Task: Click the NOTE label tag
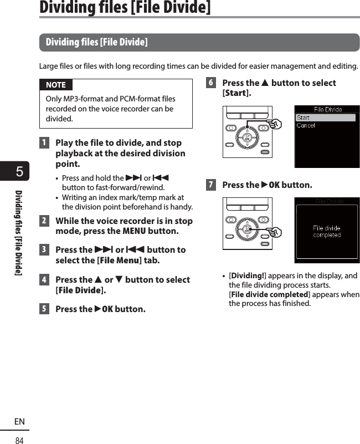click(x=55, y=85)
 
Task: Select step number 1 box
click(x=44, y=142)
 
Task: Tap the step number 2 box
click(x=44, y=221)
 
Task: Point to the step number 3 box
click(x=44, y=250)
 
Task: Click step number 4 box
click(x=44, y=280)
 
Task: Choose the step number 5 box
click(x=44, y=309)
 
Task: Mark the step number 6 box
click(x=210, y=83)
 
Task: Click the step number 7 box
click(x=210, y=185)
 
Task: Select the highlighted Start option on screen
click(x=325, y=118)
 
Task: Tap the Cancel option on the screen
click(x=306, y=126)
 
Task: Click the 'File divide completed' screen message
click(x=327, y=231)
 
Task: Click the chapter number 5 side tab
click(x=19, y=172)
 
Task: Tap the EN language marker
click(x=19, y=422)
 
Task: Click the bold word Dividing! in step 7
click(x=248, y=276)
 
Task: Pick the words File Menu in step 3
click(x=120, y=261)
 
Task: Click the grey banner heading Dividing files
click(x=96, y=42)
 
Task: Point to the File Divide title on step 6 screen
click(x=328, y=109)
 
